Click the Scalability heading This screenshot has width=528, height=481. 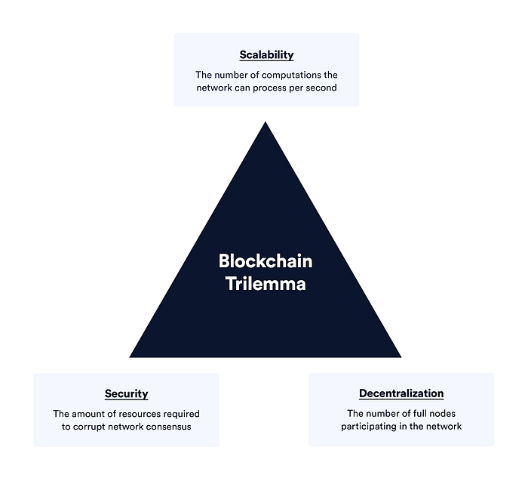click(266, 55)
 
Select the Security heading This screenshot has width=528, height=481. click(126, 393)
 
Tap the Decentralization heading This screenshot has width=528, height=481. click(401, 393)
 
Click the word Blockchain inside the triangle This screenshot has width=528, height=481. click(266, 261)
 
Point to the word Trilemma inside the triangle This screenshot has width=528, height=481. click(266, 285)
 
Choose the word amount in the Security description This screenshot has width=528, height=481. click(88, 413)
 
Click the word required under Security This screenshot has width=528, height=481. click(183, 413)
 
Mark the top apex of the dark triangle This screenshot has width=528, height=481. click(266, 123)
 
